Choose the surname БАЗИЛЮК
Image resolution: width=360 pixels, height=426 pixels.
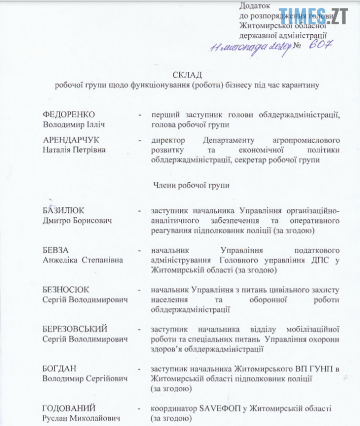click(x=63, y=211)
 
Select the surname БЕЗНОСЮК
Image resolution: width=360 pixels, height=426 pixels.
click(x=65, y=290)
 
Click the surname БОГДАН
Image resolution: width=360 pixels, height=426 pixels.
click(x=59, y=369)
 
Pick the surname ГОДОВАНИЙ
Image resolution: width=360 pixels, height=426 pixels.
click(x=69, y=408)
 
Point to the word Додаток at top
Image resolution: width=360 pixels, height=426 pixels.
click(x=253, y=6)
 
